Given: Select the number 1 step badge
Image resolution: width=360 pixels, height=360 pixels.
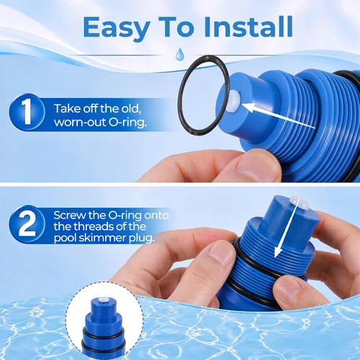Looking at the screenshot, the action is coord(27,112).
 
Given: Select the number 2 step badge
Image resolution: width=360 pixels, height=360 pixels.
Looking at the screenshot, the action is coord(27,224).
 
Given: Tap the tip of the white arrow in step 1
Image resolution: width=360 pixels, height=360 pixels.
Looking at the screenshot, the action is coord(242,104).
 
